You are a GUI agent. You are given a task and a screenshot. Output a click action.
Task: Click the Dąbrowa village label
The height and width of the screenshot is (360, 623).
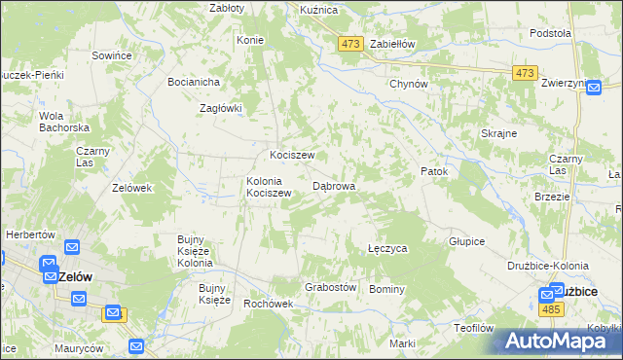pos(333,185)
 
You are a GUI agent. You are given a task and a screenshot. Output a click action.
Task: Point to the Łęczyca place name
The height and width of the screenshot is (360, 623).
pos(387,249)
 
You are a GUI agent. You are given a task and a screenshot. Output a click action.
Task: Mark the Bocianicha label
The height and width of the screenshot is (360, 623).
pos(193,82)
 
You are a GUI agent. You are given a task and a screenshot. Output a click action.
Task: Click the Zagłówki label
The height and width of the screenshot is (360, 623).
pos(220,108)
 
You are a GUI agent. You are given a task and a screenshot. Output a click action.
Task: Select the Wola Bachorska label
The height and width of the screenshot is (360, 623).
pos(64,122)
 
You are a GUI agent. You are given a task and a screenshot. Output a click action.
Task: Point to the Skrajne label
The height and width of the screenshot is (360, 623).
pos(498,133)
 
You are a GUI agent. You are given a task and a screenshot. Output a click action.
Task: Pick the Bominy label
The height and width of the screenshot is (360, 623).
pos(386,289)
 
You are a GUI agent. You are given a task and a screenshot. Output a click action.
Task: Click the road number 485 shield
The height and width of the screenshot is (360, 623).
pos(550,309)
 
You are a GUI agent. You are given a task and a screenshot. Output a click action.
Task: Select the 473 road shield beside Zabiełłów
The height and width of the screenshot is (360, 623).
pos(351,44)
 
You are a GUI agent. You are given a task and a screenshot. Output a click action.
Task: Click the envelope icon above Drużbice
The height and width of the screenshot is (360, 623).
pos(556,290)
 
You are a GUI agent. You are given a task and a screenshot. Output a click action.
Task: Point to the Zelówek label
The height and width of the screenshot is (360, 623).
pos(132,188)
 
